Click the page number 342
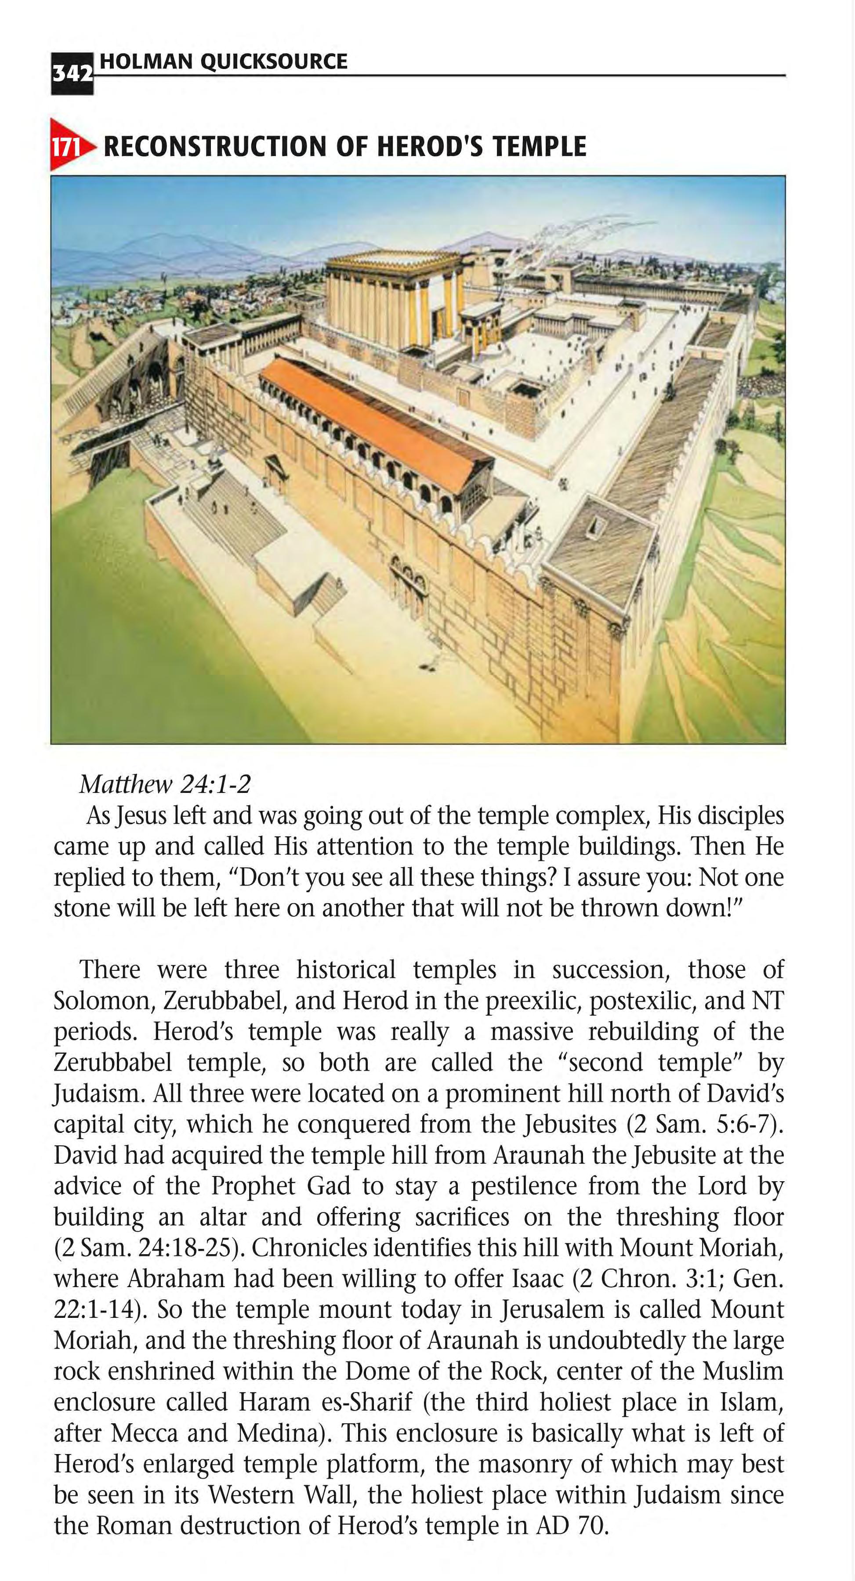72,74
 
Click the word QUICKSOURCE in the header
274,62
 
